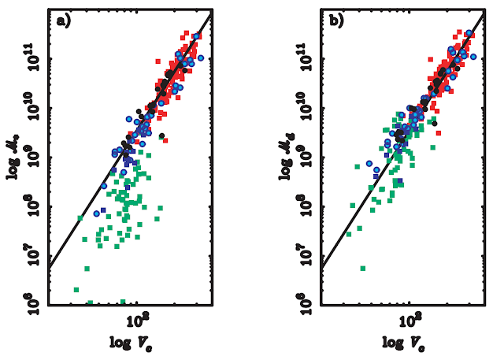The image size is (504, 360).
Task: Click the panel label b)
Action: point(337,20)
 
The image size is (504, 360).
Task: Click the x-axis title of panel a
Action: point(131,343)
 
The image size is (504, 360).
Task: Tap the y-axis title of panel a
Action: point(13,158)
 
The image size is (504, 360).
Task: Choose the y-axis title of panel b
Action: point(286,158)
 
